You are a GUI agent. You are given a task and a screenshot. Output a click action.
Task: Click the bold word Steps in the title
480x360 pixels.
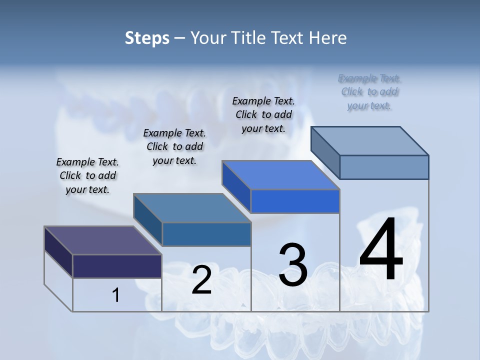tap(147, 38)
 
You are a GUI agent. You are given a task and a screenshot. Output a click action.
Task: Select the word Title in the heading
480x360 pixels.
tap(249, 38)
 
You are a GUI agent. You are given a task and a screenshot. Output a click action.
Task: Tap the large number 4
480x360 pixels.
tap(381, 249)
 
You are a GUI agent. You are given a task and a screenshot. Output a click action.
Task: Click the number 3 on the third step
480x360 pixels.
tap(293, 264)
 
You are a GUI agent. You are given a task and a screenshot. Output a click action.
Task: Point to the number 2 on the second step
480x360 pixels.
tap(201, 280)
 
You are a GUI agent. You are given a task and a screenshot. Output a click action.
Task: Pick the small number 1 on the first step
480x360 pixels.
tap(116, 295)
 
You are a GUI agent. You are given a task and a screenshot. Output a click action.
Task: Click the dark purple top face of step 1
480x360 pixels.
tap(102, 240)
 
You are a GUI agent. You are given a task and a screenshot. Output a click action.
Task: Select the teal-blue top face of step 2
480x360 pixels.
tap(192, 208)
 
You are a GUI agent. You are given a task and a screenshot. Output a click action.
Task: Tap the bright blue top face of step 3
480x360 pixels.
tap(280, 175)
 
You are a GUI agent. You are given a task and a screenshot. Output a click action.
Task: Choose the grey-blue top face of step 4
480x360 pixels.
tap(370, 141)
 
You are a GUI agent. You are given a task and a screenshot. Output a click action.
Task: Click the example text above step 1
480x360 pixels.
tap(87, 175)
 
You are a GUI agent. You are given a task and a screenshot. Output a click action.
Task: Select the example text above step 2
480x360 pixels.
tap(174, 146)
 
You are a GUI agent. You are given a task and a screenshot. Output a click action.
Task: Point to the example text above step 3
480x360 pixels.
tap(263, 114)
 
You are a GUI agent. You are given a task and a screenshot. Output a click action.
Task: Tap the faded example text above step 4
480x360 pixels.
tap(369, 91)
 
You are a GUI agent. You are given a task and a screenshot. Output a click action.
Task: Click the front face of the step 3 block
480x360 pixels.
tap(295, 201)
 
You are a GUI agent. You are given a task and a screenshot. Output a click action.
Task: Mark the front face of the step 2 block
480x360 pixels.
tap(206, 234)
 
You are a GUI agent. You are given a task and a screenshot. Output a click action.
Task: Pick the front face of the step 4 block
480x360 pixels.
tap(384, 167)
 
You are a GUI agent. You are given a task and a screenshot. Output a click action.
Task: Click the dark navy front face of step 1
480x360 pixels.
tap(117, 266)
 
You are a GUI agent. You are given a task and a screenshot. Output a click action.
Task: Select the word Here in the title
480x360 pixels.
tap(328, 38)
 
